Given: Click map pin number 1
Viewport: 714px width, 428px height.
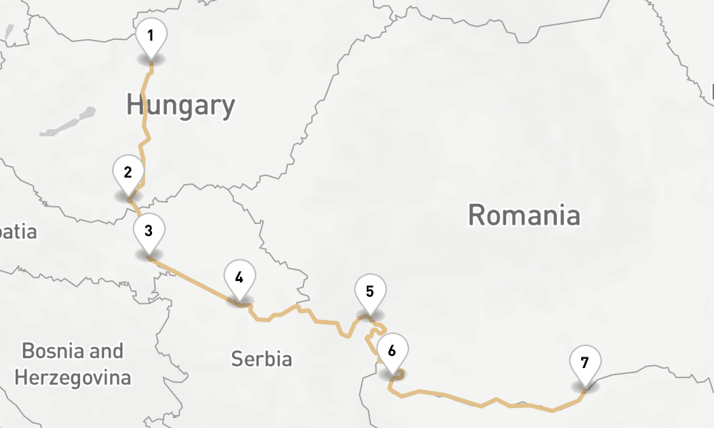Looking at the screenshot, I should [151, 36].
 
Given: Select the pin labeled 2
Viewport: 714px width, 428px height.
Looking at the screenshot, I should [128, 173].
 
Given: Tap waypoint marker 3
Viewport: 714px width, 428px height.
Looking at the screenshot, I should [149, 231].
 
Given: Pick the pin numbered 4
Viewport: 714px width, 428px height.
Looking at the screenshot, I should [239, 278].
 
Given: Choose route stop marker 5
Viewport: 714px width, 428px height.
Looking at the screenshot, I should [370, 292].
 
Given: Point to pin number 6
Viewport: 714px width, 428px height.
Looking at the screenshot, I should [392, 351].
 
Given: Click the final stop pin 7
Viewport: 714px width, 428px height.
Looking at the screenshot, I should [585, 363].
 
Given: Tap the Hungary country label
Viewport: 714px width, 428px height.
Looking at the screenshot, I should [181, 106].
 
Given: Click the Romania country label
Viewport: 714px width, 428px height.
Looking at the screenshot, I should [524, 214].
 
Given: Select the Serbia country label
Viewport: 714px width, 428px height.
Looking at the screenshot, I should [261, 359].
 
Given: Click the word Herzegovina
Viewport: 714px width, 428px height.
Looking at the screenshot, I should [72, 377].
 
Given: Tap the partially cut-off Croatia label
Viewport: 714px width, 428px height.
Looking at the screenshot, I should [18, 232].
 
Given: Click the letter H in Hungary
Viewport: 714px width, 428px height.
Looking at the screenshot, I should [134, 106].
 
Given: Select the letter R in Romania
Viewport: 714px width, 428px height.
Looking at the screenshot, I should [476, 214].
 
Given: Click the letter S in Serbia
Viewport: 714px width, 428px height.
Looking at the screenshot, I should [236, 359].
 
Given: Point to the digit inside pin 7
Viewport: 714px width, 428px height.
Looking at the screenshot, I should [585, 362].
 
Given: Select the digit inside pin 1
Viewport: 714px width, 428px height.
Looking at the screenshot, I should [151, 35].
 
